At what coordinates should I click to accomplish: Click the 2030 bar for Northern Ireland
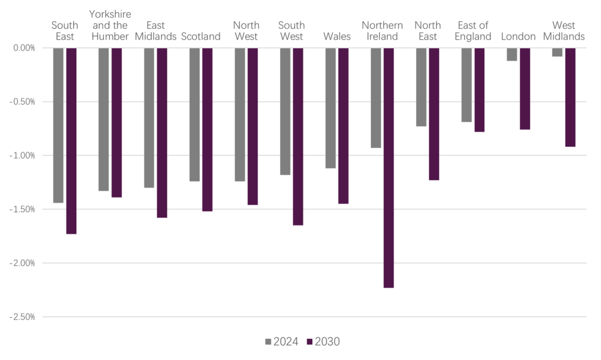[389, 167]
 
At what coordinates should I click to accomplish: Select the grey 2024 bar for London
[512, 54]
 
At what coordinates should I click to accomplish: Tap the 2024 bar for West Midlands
[557, 52]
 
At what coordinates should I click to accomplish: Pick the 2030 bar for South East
[72, 140]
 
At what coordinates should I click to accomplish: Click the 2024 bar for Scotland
[194, 114]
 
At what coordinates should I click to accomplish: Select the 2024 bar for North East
[421, 87]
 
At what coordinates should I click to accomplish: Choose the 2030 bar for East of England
[480, 89]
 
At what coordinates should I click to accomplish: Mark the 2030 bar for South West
[298, 136]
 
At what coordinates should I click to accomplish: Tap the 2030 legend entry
[327, 341]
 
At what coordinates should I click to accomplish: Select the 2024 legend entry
[282, 341]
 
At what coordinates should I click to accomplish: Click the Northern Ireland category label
[382, 31]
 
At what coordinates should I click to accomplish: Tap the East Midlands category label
[156, 31]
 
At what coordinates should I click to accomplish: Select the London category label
[518, 36]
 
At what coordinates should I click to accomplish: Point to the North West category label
[246, 31]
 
